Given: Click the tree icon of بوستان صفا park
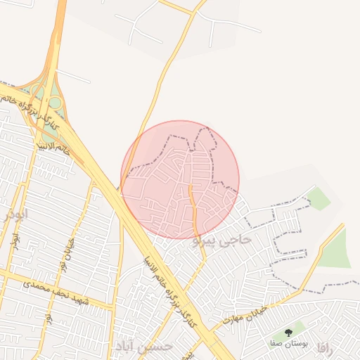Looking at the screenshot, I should pyautogui.click(x=288, y=332).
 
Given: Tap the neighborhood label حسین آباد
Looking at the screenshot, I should pyautogui.click(x=143, y=347).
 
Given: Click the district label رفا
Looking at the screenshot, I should pyautogui.click(x=323, y=347).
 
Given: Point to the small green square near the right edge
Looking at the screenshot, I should pyautogui.click(x=319, y=199).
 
